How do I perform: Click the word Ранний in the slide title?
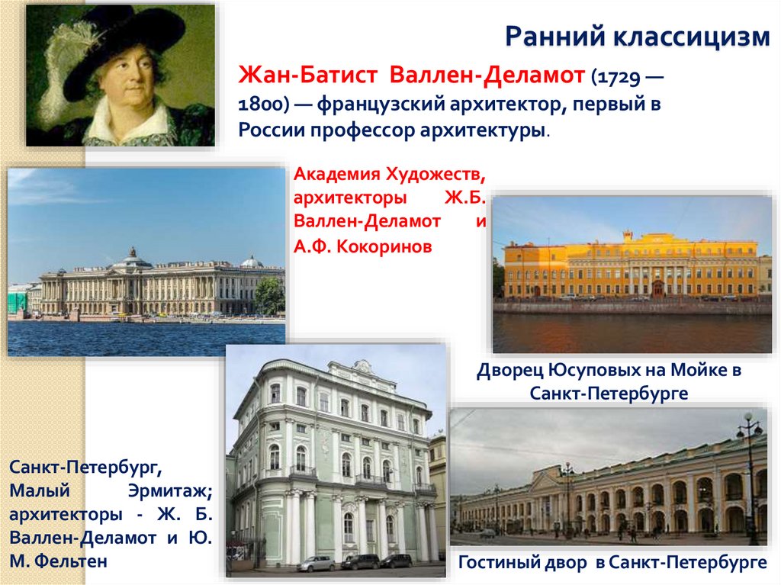[545, 35]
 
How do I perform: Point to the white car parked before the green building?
[315, 563]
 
